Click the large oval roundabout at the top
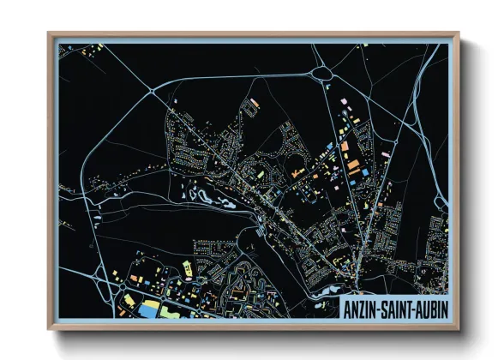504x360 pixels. tap(324, 74)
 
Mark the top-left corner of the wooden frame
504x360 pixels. tap(49, 33)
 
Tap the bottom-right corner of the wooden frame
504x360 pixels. tap(459, 330)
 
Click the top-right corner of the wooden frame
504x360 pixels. tap(459, 33)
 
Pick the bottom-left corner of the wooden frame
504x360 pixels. tap(49, 330)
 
